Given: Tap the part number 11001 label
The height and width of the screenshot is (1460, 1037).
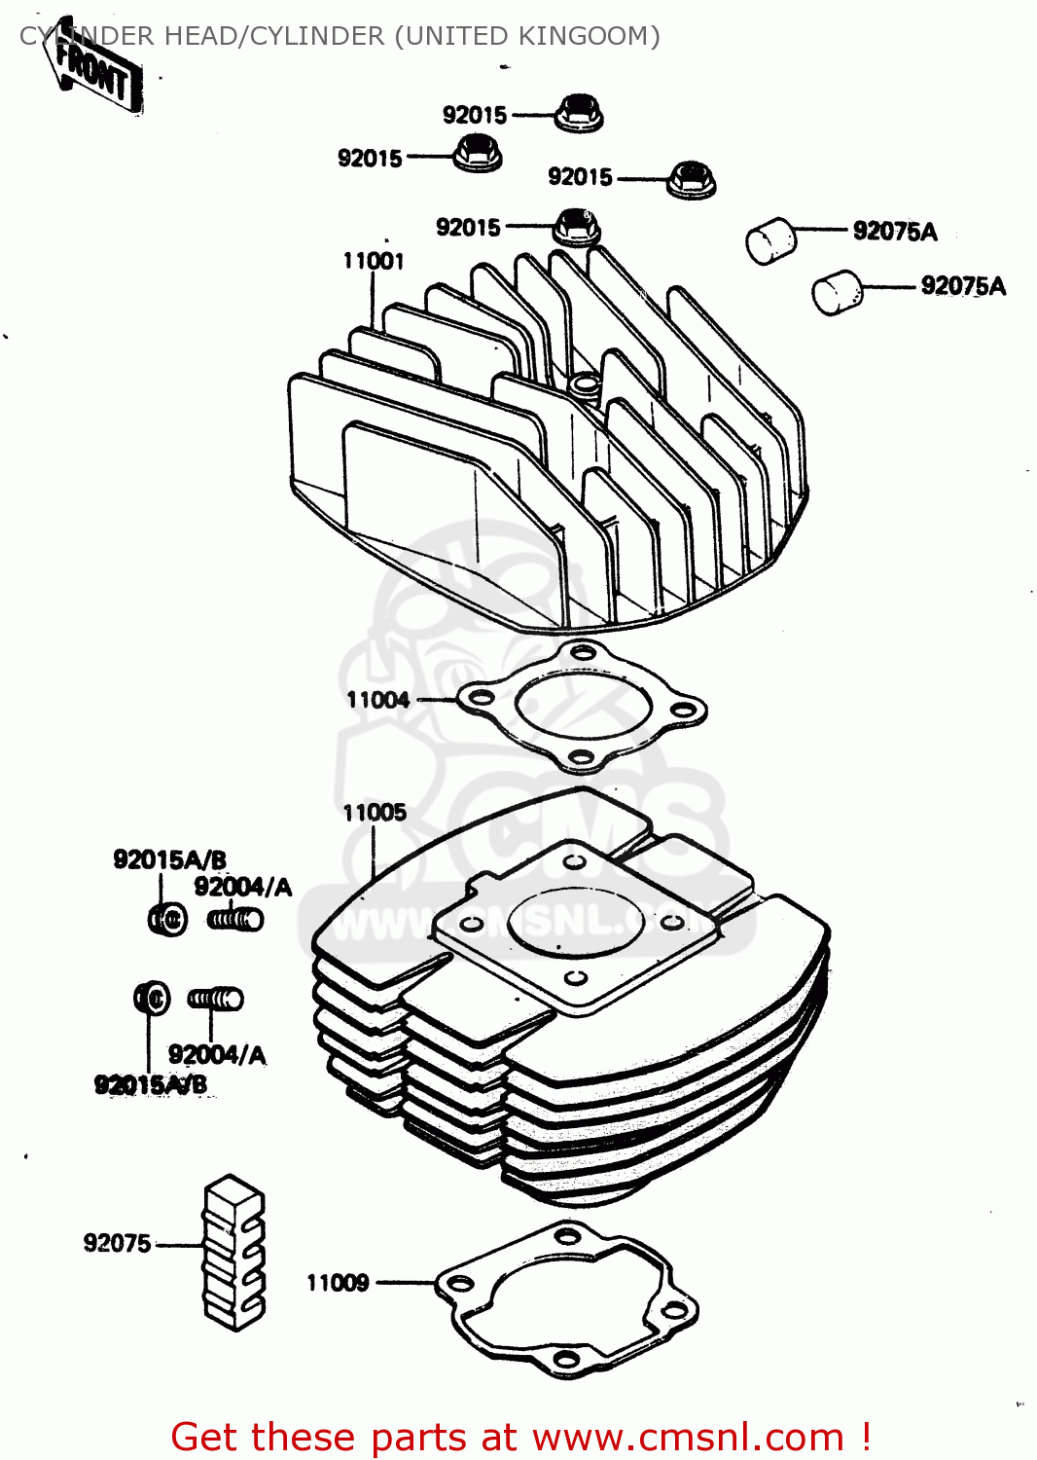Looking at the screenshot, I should [373, 261].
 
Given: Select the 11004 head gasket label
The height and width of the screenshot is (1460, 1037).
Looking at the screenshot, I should [377, 700].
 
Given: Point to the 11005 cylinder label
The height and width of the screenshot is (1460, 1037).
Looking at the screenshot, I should [375, 813].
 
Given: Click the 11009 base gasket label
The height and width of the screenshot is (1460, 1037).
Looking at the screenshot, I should [338, 1283].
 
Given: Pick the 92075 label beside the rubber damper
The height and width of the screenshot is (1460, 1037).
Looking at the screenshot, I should [117, 1243].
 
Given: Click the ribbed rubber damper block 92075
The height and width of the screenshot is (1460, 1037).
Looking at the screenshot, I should [233, 1252].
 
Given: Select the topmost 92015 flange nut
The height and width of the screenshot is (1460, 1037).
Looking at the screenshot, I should [580, 113].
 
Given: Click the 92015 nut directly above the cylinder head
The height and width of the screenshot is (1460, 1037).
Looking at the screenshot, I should [576, 227].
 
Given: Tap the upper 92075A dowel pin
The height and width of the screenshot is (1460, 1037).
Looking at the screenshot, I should [770, 239].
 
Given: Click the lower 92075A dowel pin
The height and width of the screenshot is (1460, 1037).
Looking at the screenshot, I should [837, 293].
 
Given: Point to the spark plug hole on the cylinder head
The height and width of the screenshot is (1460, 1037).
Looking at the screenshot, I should [586, 385].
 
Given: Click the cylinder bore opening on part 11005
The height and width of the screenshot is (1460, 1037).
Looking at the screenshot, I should [575, 921].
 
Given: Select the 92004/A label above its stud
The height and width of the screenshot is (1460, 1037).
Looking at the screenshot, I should [242, 887].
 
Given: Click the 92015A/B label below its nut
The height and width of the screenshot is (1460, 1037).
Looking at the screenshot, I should [150, 1084].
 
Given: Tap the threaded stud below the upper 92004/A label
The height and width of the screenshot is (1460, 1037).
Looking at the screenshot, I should [235, 918].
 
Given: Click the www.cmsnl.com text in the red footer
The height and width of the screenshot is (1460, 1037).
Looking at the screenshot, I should [688, 1437].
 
